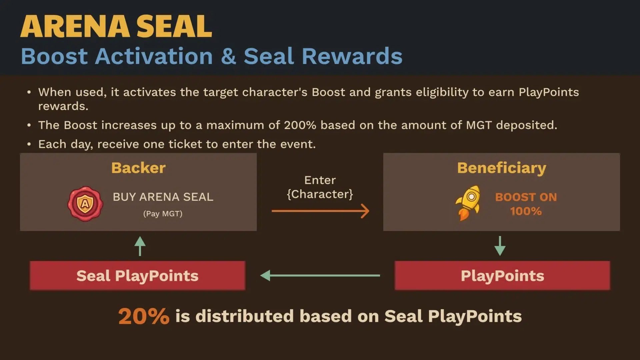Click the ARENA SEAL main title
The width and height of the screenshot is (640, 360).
[116, 26]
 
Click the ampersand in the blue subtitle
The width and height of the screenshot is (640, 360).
[228, 56]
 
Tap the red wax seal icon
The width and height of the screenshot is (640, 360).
[85, 204]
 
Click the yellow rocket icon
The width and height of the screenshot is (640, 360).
[468, 203]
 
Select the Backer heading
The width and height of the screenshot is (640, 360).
[138, 168]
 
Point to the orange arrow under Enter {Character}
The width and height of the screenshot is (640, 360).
[320, 211]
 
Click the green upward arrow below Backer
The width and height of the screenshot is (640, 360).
[140, 246]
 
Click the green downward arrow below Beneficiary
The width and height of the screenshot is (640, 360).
[500, 246]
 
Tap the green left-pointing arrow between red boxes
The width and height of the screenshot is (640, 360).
[320, 275]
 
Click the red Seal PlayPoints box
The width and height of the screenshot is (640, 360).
[137, 275]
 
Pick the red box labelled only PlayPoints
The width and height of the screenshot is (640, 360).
[502, 275]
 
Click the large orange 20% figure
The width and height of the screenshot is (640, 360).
[144, 316]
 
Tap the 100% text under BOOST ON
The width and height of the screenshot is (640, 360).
[526, 211]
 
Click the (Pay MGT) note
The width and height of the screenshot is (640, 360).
[163, 214]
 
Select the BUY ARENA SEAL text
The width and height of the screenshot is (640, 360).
[163, 197]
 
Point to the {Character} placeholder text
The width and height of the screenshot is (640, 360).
[320, 194]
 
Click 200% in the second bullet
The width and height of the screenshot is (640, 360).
[300, 125]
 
